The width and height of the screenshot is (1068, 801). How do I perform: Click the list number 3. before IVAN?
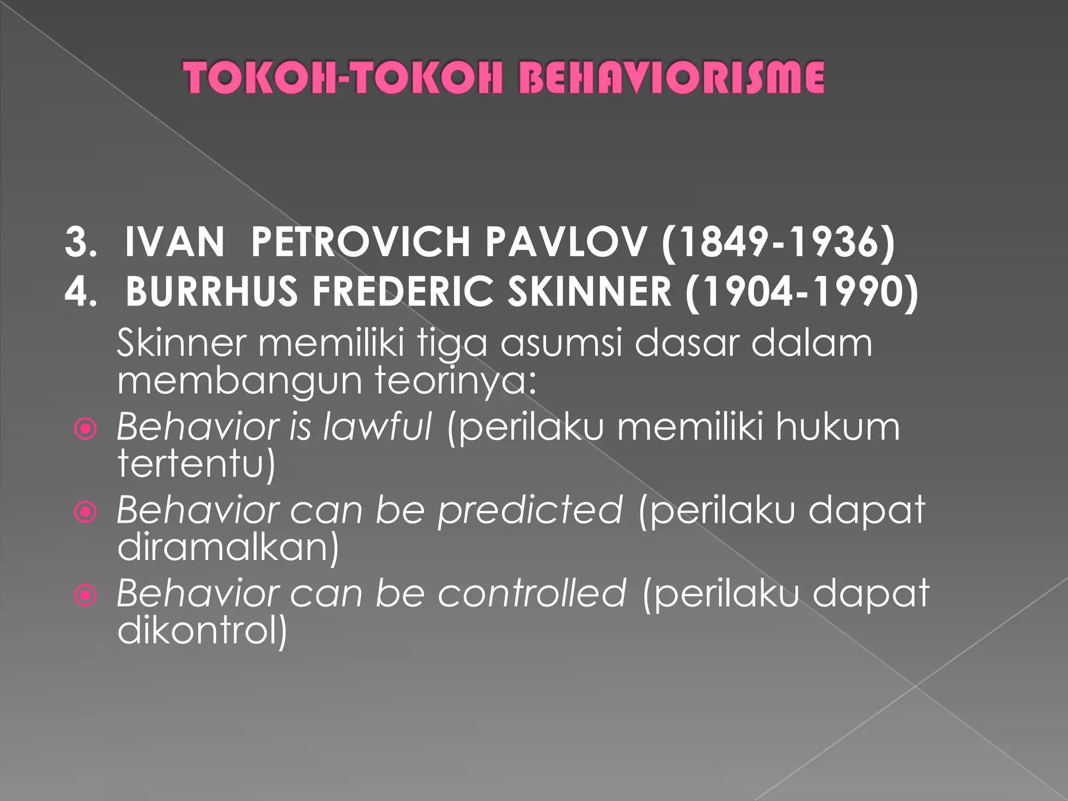[x=81, y=242]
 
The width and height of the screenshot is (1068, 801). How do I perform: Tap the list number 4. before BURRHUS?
[x=81, y=291]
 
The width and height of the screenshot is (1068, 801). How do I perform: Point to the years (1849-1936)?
[x=778, y=243]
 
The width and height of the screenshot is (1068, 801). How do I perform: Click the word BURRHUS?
[x=211, y=291]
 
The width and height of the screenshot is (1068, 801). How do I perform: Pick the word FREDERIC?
[x=403, y=291]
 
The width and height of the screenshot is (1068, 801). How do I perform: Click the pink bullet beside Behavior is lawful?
[x=86, y=429]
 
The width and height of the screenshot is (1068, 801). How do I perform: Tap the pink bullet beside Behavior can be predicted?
[x=86, y=512]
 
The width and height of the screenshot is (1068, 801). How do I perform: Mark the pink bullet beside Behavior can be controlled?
[x=86, y=595]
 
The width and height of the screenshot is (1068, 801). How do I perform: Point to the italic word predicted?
[x=530, y=510]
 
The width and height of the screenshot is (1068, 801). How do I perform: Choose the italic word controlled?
[x=531, y=593]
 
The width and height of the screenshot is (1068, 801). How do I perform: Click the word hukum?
[x=837, y=427]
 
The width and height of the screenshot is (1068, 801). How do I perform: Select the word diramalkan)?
[x=228, y=547]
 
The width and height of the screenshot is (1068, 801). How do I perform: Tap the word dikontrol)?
[x=202, y=630]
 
